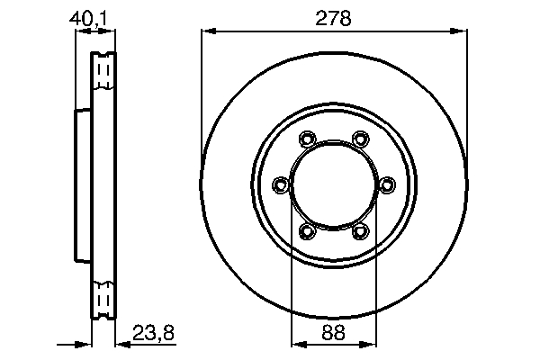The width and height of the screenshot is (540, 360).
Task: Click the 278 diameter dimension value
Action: click(334, 16)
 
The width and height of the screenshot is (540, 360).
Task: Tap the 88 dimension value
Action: click(334, 333)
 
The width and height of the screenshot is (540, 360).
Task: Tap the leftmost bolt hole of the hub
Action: click(280, 185)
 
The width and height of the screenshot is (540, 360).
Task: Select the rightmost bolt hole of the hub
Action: click(388, 185)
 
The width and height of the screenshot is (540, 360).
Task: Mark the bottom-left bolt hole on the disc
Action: click(307, 232)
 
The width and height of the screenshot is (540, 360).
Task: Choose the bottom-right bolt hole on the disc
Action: click(361, 232)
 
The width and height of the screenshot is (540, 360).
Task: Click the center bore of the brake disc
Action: click(334, 185)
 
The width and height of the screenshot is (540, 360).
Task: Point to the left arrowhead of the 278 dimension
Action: click(205, 31)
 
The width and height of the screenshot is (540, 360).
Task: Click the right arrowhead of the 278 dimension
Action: click(463, 31)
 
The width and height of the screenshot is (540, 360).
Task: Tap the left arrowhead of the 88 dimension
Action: click(296, 343)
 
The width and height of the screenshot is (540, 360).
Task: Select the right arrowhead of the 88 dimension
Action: click(372, 343)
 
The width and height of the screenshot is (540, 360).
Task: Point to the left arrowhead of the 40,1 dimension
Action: click(78, 31)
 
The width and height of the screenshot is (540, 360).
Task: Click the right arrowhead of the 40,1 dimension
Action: click(112, 31)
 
